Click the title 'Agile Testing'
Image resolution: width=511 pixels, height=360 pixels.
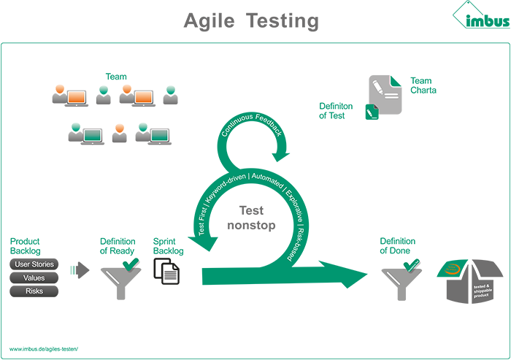click(x=251, y=20)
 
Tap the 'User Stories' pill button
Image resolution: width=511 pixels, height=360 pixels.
click(x=34, y=264)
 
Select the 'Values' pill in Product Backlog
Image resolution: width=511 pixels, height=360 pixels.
click(x=34, y=277)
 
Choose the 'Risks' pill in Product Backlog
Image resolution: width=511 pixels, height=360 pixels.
click(x=34, y=291)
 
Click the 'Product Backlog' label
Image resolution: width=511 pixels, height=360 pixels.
click(x=25, y=246)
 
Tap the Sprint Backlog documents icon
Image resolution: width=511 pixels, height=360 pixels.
click(x=166, y=272)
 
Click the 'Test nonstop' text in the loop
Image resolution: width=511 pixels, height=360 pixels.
click(x=251, y=218)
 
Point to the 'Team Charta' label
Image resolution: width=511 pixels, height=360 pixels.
click(x=423, y=85)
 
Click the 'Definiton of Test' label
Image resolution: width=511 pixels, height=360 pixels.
click(x=336, y=111)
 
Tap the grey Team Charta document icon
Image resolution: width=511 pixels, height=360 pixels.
click(x=385, y=94)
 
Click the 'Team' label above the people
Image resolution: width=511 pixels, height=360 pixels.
click(x=116, y=77)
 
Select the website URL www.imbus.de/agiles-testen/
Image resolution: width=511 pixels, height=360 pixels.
click(x=44, y=350)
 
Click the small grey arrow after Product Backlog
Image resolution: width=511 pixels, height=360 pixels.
click(x=80, y=270)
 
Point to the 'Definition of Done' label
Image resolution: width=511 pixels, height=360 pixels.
click(x=398, y=246)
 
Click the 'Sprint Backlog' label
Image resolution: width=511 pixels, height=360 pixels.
click(x=168, y=246)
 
